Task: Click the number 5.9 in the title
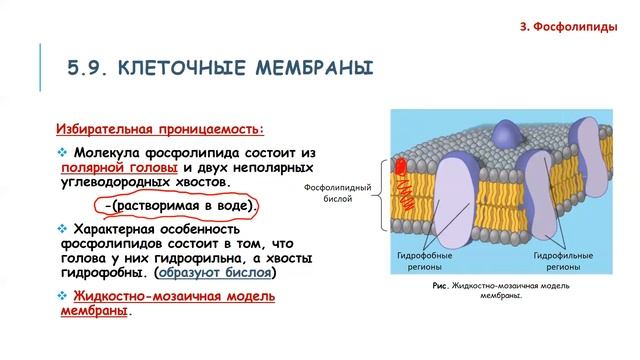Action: pos(87,68)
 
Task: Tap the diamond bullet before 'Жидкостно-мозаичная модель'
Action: pos(62,296)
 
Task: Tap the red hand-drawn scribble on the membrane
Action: pos(402,180)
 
